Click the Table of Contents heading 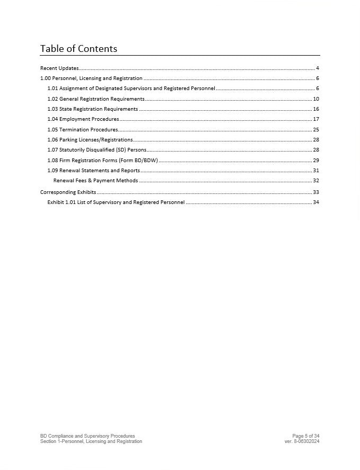click(78, 49)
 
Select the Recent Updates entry click(59, 68)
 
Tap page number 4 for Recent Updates click(317, 68)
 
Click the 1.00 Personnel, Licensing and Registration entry click(91, 78)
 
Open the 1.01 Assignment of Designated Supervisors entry click(131, 88)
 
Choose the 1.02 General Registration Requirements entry click(95, 99)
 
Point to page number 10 click(316, 99)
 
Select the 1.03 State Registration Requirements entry click(92, 109)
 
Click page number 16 click(316, 109)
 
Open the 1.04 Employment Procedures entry click(83, 119)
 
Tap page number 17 click(316, 119)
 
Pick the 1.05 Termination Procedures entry click(82, 130)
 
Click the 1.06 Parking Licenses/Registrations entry click(90, 140)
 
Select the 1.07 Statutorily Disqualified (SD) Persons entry click(96, 150)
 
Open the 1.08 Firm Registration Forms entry click(102, 161)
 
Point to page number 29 click(316, 161)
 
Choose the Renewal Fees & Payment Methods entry click(95, 181)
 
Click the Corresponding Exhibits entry click(68, 192)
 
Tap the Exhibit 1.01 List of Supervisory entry click(116, 202)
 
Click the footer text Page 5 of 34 click(305, 436)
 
